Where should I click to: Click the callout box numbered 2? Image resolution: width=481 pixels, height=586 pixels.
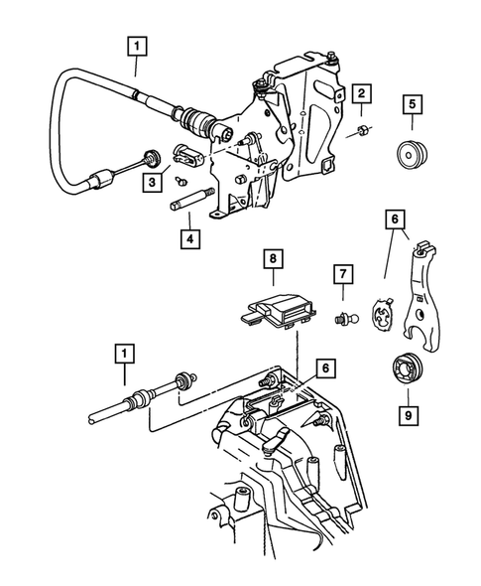pyautogui.click(x=364, y=94)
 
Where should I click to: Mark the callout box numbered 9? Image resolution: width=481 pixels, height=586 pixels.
pyautogui.click(x=404, y=410)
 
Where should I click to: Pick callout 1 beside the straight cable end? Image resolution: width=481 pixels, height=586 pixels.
pyautogui.click(x=124, y=352)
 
